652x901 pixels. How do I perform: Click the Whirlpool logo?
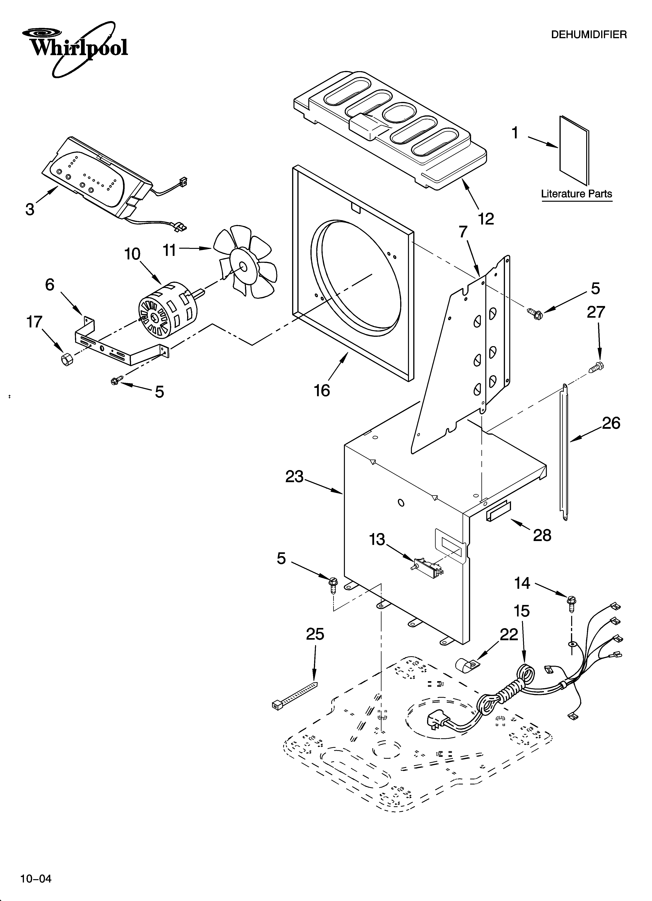[x=75, y=48]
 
